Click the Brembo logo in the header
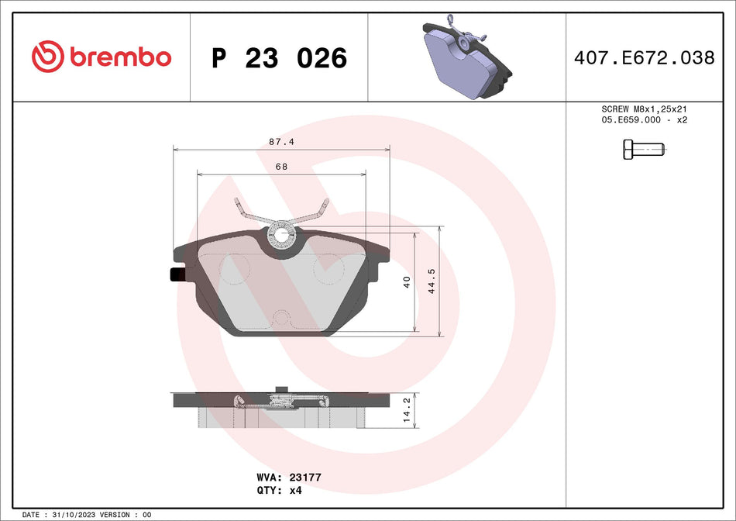[x=101, y=57]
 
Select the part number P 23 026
[x=279, y=58]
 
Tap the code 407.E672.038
[x=644, y=57]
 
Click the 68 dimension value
[x=280, y=167]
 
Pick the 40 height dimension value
[x=407, y=282]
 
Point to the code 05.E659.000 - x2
[x=644, y=120]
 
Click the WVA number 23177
[x=305, y=478]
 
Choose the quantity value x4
[x=294, y=491]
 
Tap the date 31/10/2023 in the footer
[x=75, y=515]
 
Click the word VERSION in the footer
[x=116, y=515]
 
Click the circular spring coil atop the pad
[x=281, y=236]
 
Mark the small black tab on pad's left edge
[x=175, y=274]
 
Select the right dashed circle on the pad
[x=327, y=269]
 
